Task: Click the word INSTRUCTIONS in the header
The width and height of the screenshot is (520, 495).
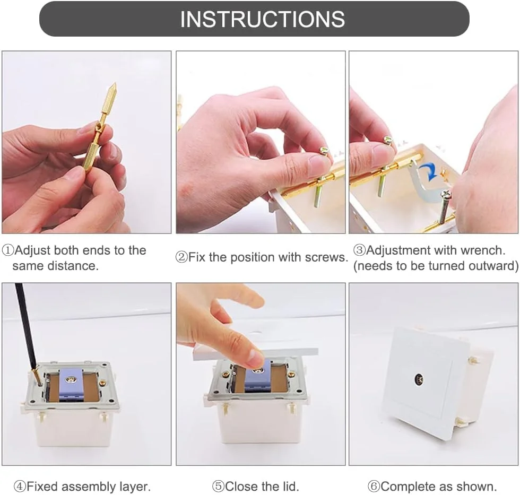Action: coord(262,19)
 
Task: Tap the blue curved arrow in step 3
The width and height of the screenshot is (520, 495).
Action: coord(429,171)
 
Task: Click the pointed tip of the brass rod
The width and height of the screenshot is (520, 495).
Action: coord(115,83)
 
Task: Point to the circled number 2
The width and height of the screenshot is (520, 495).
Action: coord(181,257)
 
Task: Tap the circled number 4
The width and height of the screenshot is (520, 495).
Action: coord(20,487)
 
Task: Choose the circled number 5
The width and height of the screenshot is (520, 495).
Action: coord(218,487)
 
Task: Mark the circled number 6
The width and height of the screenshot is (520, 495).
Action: coord(374,487)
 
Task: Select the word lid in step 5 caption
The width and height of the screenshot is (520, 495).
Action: coord(291,487)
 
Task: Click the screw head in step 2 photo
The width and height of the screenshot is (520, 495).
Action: coord(324,152)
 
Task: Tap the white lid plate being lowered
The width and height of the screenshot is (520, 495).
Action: coord(255,352)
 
